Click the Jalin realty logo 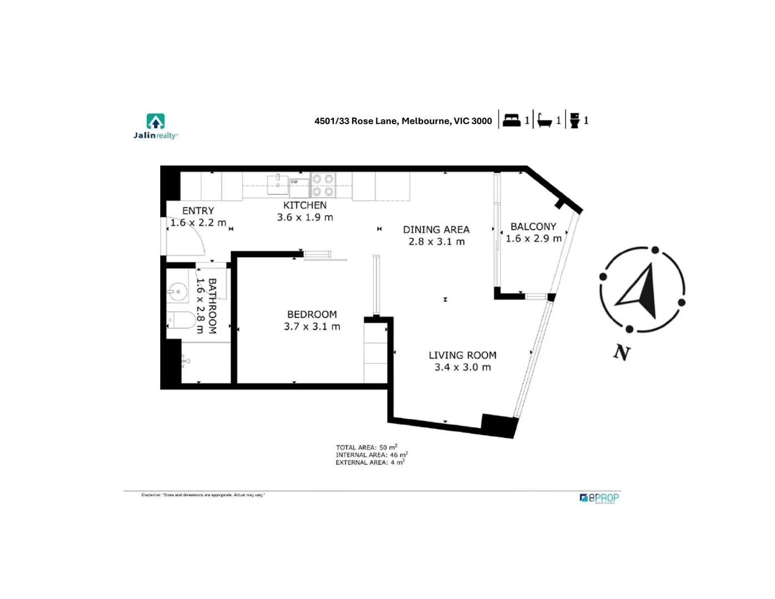(x=156, y=126)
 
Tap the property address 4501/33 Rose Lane (x=403, y=121)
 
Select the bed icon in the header (x=511, y=120)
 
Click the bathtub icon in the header (x=545, y=120)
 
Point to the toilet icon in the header (x=575, y=120)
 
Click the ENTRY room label (x=198, y=211)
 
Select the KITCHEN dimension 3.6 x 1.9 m (x=305, y=217)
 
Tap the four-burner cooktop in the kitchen (x=323, y=185)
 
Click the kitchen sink (x=278, y=184)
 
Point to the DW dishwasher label (x=294, y=182)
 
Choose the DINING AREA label (x=436, y=230)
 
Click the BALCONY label (x=533, y=226)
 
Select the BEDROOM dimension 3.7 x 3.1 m (x=312, y=327)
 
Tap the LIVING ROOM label (x=462, y=355)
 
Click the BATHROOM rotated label (x=212, y=306)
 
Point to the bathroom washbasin (x=177, y=291)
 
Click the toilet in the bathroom (x=181, y=320)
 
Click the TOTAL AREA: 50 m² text (x=366, y=447)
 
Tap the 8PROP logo (x=599, y=498)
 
